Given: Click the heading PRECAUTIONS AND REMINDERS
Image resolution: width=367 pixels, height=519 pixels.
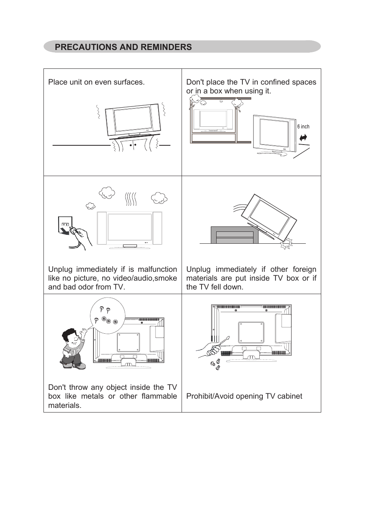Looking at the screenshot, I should click(x=123, y=47).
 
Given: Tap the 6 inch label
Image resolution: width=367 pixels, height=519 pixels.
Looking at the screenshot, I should click(x=303, y=126).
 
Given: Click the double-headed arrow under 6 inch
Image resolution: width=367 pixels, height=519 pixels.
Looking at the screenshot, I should click(x=303, y=137).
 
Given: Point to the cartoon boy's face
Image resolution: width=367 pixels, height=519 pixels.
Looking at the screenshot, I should click(x=71, y=339).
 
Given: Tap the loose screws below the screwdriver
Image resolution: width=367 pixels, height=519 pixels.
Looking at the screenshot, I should click(x=215, y=364).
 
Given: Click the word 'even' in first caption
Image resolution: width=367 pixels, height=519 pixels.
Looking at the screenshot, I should click(x=102, y=82).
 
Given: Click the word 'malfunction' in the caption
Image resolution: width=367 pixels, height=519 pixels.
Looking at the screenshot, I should click(x=157, y=269).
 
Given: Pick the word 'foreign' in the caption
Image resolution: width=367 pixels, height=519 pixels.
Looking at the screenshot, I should click(x=304, y=269).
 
